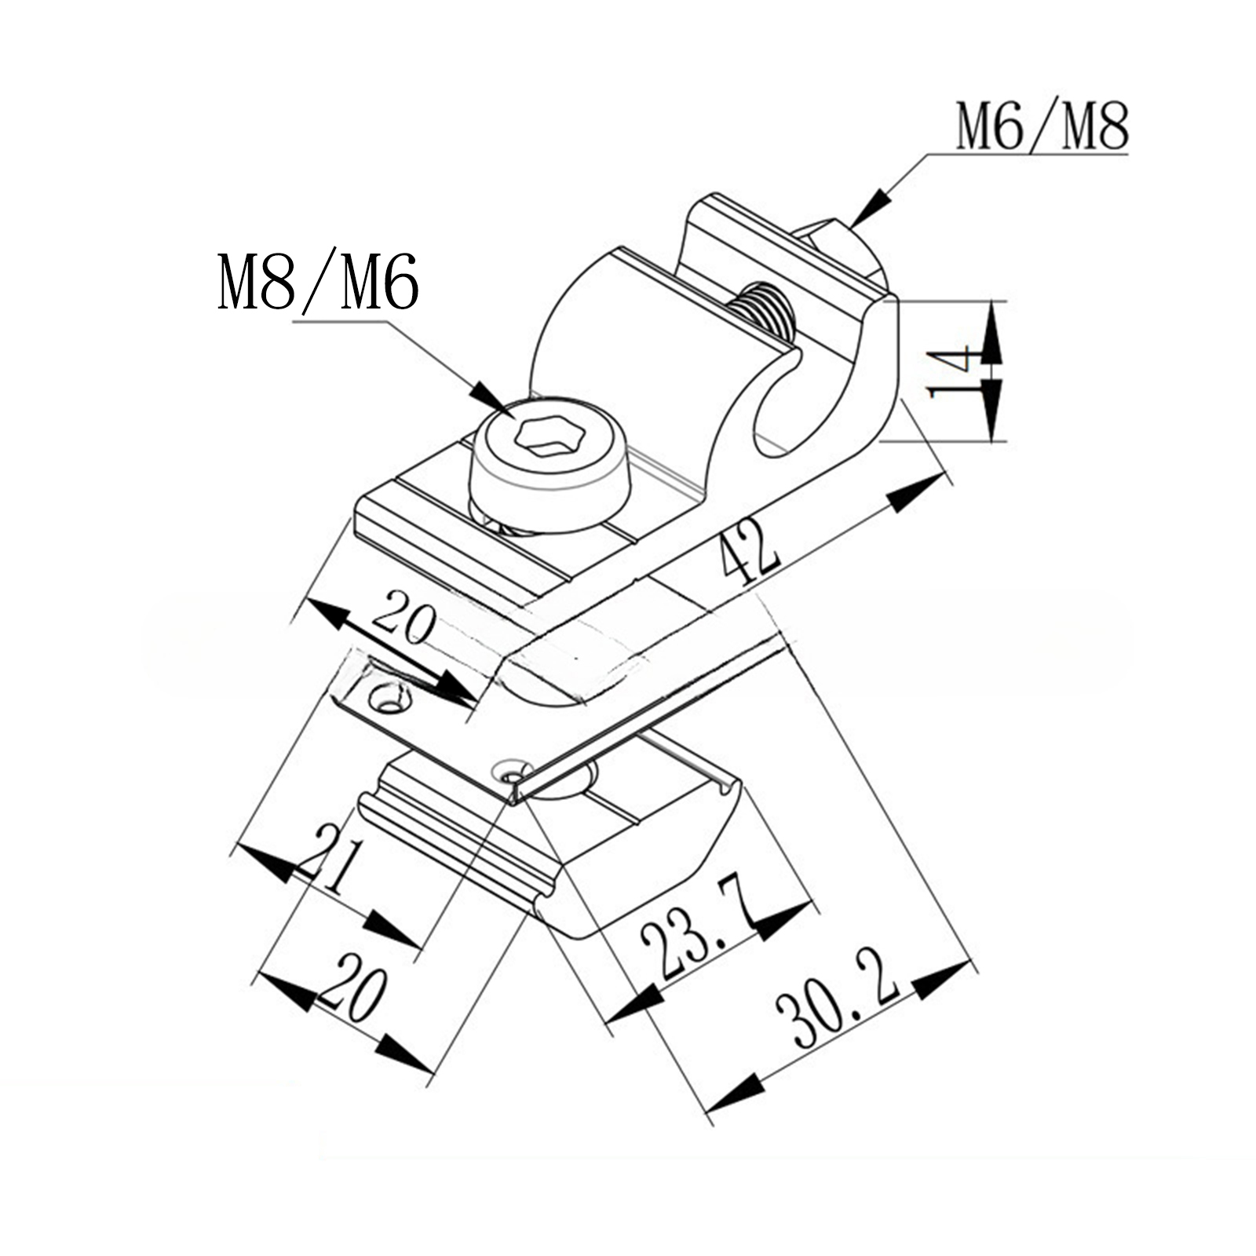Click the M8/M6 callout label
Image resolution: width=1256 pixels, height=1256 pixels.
[318, 280]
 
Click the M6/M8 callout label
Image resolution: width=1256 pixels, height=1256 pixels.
[1042, 126]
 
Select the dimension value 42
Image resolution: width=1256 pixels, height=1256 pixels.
[750, 556]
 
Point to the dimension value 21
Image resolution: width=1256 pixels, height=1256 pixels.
[330, 861]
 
